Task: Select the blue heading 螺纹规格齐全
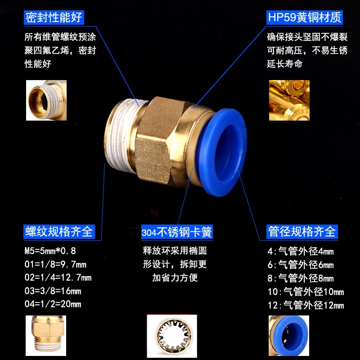pos(58,232)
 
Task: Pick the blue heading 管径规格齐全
pos(301,232)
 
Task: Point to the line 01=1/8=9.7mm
pos(55,264)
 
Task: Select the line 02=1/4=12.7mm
pos(58,277)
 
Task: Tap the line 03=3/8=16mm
pos(53,291)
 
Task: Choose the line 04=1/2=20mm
pos(53,304)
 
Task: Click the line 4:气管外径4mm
pos(301,252)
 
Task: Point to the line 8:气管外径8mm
pos(301,279)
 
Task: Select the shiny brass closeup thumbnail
pos(289,100)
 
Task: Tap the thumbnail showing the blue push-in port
pos(288,335)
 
